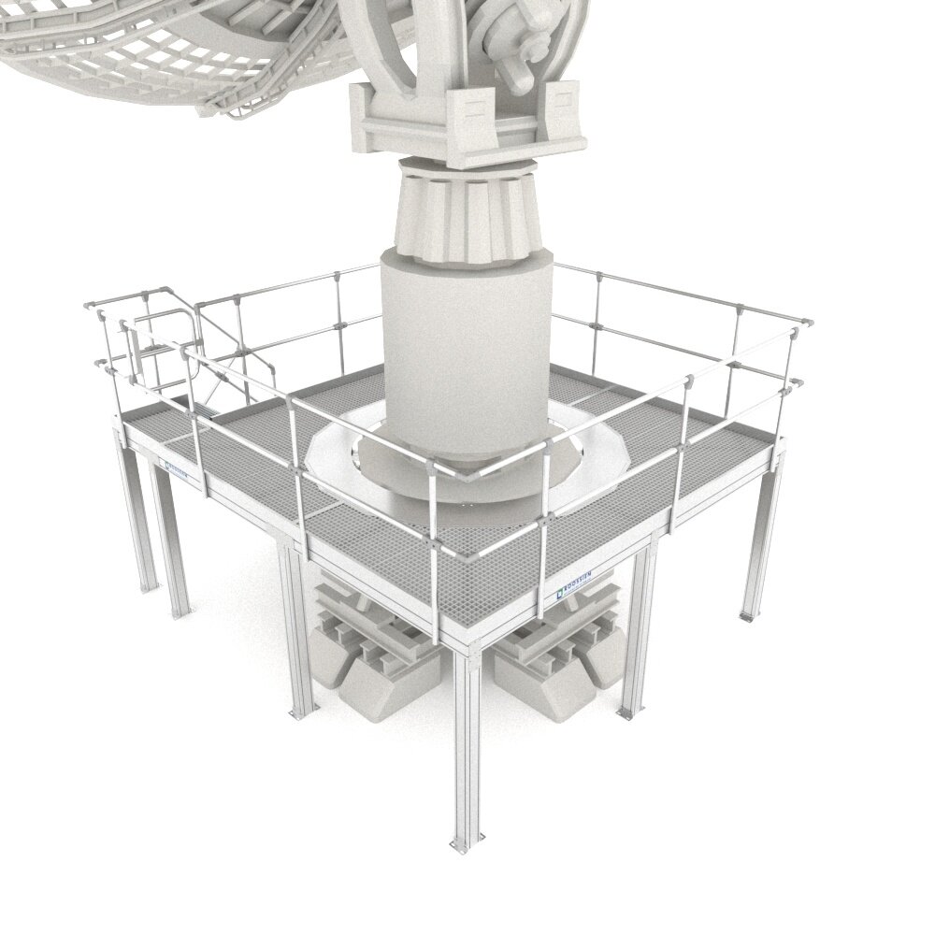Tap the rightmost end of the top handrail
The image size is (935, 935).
pos(807,323)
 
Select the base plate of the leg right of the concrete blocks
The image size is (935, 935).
pos(625,713)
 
